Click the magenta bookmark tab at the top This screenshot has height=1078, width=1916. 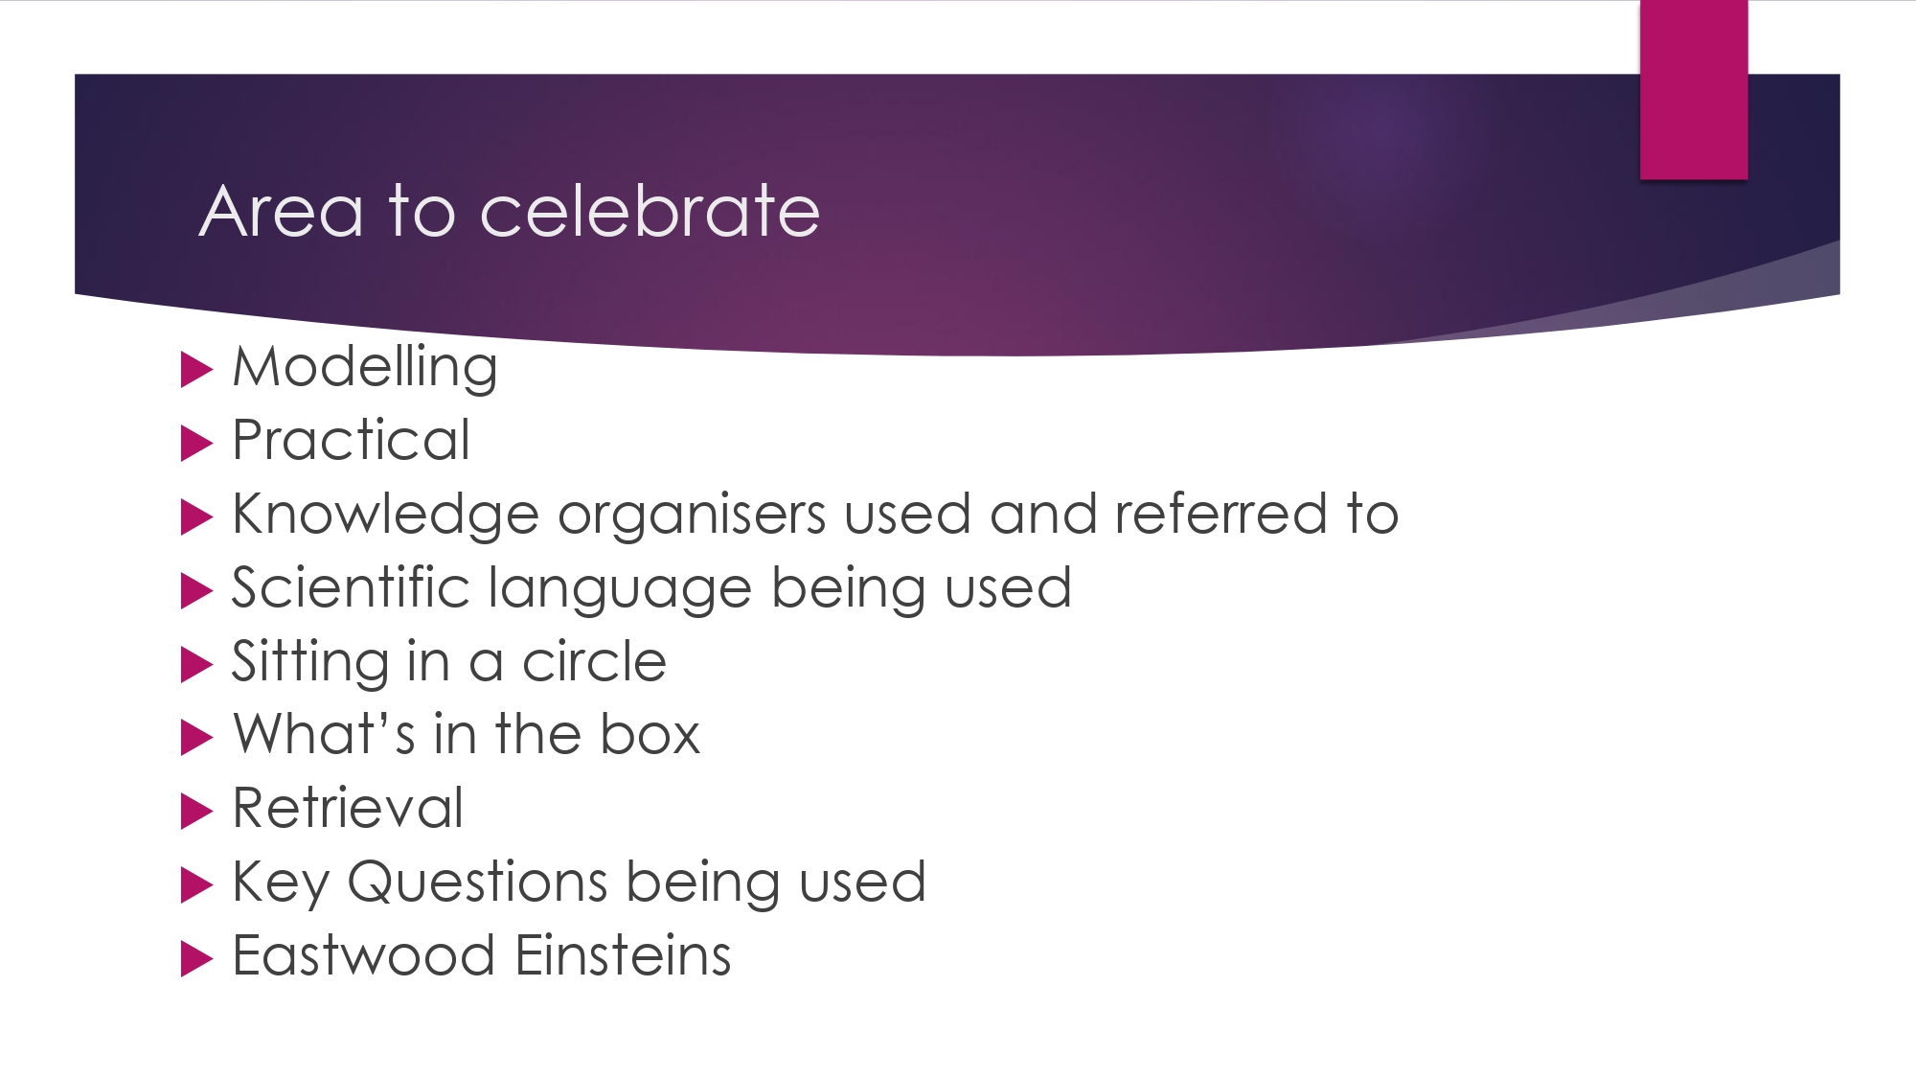click(x=1694, y=89)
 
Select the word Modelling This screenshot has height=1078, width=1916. click(x=365, y=368)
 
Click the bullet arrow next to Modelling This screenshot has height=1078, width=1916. click(x=196, y=370)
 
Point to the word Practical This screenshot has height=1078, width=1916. click(x=352, y=440)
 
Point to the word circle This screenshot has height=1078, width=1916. click(x=594, y=661)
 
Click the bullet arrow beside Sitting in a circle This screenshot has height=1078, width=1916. click(x=196, y=664)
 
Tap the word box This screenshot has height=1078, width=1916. click(x=650, y=735)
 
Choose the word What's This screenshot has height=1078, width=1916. click(x=325, y=735)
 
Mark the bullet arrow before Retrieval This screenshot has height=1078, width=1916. click(x=196, y=811)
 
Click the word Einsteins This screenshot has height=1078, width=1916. click(x=624, y=955)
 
